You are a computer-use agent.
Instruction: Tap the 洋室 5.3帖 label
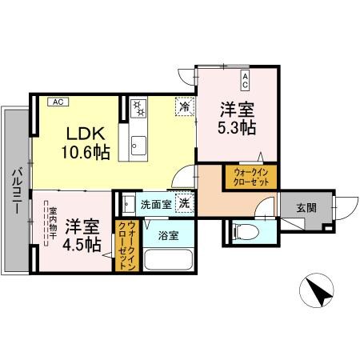pyautogui.click(x=238, y=118)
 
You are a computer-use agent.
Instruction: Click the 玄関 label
pyautogui.click(x=306, y=207)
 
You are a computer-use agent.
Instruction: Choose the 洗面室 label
pyautogui.click(x=155, y=204)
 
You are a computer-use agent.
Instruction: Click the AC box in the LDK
pyautogui.click(x=57, y=102)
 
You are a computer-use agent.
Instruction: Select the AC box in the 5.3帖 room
pyautogui.click(x=245, y=77)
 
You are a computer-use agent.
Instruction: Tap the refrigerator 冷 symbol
pyautogui.click(x=184, y=105)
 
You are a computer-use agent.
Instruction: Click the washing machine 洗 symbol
pyautogui.click(x=183, y=204)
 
